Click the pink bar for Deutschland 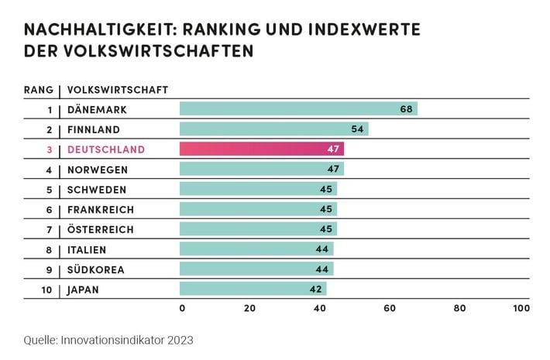coord(262,149)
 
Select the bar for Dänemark coord(298,108)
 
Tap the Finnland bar coord(273,129)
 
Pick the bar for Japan coord(253,290)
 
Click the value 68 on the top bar coord(406,108)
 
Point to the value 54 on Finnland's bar coord(357,129)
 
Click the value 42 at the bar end coord(315,290)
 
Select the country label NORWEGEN coord(97,170)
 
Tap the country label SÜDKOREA coord(95,269)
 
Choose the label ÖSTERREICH coord(101,229)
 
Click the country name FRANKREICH coord(101,210)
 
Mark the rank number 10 coord(48,290)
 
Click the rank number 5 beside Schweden coord(50,190)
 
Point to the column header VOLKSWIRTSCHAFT coord(118,89)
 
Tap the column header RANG coord(39,89)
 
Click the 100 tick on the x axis coord(521,308)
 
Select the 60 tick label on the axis coord(390,308)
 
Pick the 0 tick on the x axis coord(182,308)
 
